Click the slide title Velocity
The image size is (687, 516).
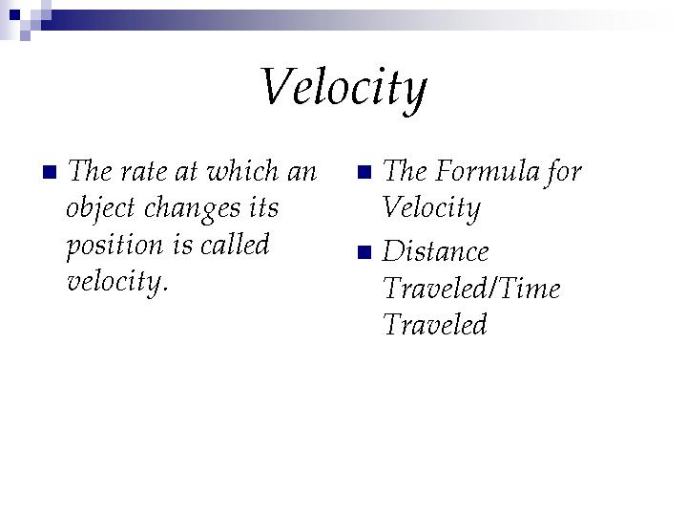point(343,88)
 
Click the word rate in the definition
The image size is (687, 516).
point(144,171)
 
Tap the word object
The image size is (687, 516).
point(101,208)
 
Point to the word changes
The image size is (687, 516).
point(193,209)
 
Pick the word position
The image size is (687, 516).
point(114,246)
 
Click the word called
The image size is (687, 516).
point(235,244)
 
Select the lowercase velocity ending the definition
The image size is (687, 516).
point(117,282)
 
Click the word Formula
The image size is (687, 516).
point(487,170)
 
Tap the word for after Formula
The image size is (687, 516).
point(564,172)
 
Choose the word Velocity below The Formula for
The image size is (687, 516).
point(431,208)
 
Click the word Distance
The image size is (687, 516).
point(435,251)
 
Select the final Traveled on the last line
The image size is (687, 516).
point(435,324)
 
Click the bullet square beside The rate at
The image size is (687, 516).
point(50,172)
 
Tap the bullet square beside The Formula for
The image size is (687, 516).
point(364,172)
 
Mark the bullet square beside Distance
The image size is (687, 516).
point(364,252)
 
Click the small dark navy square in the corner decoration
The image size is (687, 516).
point(14,15)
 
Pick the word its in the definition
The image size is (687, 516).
point(263,207)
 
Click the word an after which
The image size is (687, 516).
point(302,171)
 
